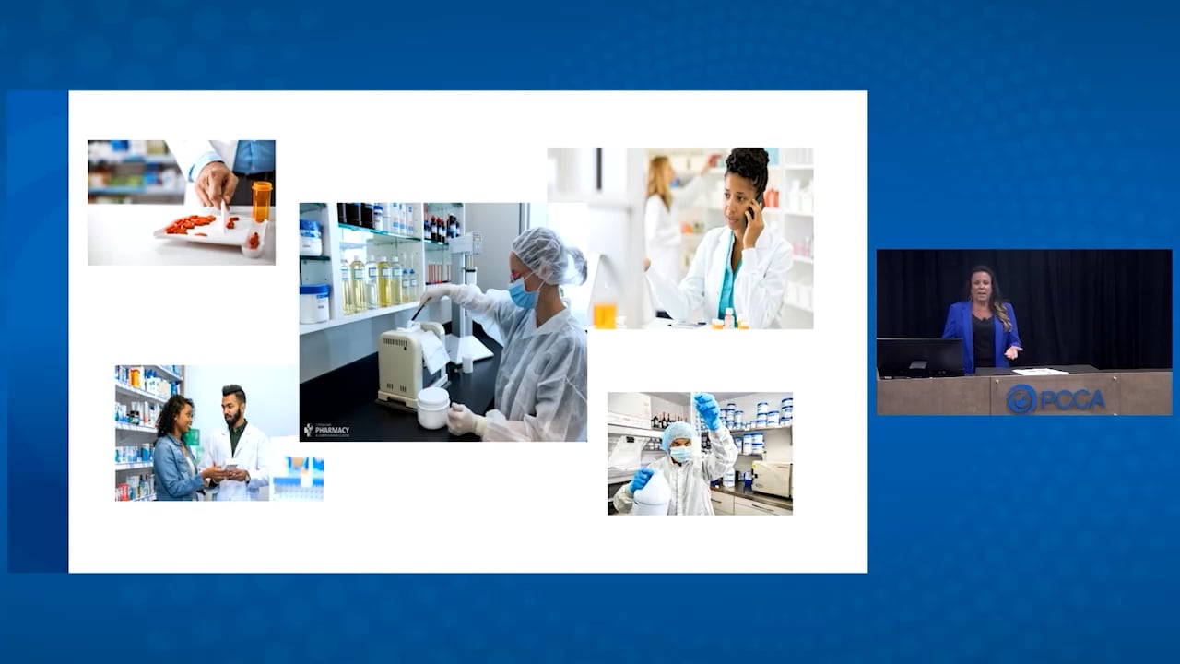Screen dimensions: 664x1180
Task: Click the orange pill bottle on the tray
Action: pyautogui.click(x=262, y=202)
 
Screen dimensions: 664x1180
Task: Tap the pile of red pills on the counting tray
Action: pyautogui.click(x=190, y=223)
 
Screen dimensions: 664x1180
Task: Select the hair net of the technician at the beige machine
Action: pyautogui.click(x=548, y=255)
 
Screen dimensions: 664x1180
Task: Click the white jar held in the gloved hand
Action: pyautogui.click(x=433, y=407)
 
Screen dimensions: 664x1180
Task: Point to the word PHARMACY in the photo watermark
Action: pyautogui.click(x=332, y=428)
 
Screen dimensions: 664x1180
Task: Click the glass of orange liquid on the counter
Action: pyautogui.click(x=604, y=314)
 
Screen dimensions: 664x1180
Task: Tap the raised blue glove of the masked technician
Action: pyautogui.click(x=708, y=409)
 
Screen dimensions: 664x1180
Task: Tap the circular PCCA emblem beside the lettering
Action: pyautogui.click(x=1021, y=398)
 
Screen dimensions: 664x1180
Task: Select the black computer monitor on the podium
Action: pyautogui.click(x=919, y=356)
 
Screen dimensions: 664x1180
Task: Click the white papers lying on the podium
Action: pyautogui.click(x=1040, y=372)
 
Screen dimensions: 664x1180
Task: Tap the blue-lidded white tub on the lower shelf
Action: pyautogui.click(x=314, y=302)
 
